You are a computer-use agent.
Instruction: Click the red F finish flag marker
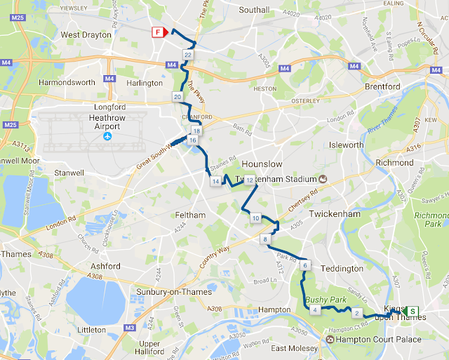[x=158, y=32]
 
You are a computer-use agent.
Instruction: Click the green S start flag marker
[x=413, y=311]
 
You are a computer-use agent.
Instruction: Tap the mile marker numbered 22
[x=188, y=55]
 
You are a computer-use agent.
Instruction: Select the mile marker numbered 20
[x=177, y=97]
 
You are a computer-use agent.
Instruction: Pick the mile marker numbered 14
[x=216, y=182]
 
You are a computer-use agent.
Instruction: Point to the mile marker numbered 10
[x=255, y=218]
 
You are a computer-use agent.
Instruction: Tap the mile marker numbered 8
[x=264, y=241]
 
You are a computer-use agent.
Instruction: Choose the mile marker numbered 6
[x=304, y=266]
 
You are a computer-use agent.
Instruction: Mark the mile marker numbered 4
[x=316, y=310]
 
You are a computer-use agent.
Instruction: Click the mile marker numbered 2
[x=357, y=313]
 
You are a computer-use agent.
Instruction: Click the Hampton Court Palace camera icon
[x=330, y=340]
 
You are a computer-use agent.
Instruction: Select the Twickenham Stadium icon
[x=323, y=178]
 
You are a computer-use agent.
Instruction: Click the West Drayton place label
[x=86, y=34]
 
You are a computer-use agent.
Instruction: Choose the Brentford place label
[x=382, y=86]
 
